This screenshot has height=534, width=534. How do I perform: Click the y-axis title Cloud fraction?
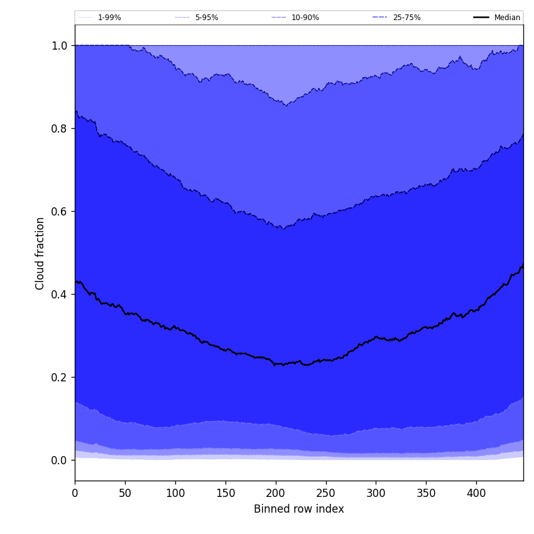[40, 253]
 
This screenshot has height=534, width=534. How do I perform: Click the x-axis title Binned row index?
[298, 509]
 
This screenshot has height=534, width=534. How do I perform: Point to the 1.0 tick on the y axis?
[59, 46]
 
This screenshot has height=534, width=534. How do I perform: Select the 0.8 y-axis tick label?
[59, 129]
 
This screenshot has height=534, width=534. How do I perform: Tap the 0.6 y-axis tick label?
[59, 212]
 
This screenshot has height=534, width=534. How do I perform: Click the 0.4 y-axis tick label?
[59, 295]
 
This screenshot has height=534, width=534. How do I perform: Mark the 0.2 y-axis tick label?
[59, 378]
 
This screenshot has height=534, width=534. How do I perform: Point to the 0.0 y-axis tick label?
[59, 460]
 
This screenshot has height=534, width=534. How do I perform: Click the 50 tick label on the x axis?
[125, 493]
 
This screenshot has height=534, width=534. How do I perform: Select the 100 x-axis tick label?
[175, 493]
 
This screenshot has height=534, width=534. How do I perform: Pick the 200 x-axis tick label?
[276, 493]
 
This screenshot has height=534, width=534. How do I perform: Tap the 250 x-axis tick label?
[325, 493]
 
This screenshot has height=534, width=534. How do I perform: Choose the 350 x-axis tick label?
[426, 493]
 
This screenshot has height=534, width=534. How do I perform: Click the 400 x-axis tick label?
[476, 493]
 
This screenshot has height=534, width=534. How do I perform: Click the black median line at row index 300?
[376, 337]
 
